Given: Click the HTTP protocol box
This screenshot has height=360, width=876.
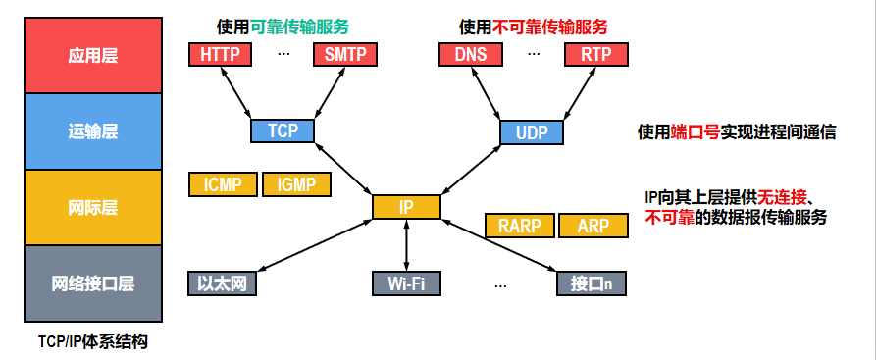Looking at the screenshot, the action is [220, 54].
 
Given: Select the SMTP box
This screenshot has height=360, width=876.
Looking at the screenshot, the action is [345, 54].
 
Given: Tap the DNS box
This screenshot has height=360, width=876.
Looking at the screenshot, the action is [471, 54].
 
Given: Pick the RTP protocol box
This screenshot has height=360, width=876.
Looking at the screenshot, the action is [596, 54].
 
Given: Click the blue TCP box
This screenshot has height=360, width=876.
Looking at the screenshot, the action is [283, 130].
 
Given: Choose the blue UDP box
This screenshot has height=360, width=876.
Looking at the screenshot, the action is [532, 131].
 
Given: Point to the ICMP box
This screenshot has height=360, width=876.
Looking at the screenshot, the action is [223, 184].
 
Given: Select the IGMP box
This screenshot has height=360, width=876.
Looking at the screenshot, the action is [296, 184].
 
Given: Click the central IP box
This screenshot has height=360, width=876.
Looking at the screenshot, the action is [406, 207].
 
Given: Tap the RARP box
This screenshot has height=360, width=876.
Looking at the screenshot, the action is [520, 226].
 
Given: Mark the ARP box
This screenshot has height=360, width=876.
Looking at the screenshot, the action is [593, 226].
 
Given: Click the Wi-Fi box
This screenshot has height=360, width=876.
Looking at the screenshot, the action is [406, 283].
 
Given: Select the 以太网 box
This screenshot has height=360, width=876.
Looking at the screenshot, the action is [223, 283].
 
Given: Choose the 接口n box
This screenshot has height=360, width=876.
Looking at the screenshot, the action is [592, 283].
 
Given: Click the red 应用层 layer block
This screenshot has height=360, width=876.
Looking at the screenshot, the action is [93, 55].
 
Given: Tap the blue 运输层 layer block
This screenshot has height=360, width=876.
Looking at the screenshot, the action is [93, 131].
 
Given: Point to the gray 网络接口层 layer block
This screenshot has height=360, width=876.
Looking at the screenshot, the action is [93, 283].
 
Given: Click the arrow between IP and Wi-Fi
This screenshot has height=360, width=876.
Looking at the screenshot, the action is [406, 245].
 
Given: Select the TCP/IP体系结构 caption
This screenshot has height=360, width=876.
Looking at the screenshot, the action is [93, 341].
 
